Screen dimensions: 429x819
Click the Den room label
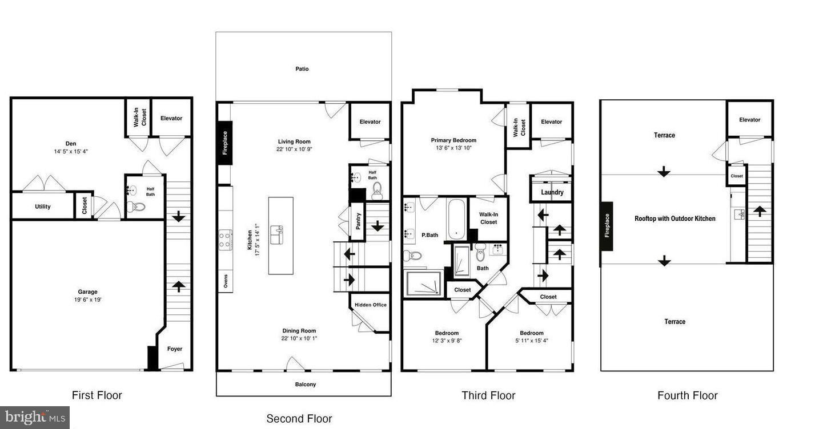70,143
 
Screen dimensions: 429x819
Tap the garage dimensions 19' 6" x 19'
88,300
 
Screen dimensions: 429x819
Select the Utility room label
42,207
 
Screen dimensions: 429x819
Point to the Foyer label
175,349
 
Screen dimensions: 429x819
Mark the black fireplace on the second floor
224,143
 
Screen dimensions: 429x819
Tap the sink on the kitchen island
279,231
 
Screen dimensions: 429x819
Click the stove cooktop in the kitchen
225,240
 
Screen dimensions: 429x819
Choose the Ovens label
226,282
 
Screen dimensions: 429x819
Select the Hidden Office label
371,305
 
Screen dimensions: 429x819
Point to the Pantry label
358,221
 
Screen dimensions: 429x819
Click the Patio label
302,69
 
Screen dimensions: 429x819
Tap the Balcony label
305,385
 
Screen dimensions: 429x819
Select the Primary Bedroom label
453,140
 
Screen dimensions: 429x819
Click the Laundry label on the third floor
552,192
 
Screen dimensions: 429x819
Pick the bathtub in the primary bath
457,218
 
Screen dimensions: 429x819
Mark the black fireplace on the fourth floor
607,226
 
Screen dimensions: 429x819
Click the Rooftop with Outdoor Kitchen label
675,218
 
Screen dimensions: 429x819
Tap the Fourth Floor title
687,395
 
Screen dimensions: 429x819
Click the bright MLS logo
34,417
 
